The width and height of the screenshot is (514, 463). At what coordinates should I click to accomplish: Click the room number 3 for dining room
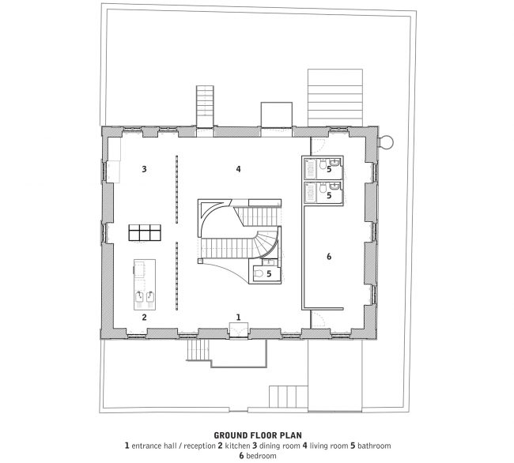coord(144,169)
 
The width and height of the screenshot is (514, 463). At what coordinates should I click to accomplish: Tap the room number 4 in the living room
coord(238,169)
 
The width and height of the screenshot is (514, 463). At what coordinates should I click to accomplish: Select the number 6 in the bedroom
coord(329,257)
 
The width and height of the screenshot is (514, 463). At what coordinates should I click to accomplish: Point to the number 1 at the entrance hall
coord(239,317)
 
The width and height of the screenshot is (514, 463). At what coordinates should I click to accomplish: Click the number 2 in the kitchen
coord(144,317)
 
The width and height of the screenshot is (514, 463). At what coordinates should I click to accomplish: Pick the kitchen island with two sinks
coord(145,284)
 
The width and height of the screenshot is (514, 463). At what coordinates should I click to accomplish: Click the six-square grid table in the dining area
coord(145,233)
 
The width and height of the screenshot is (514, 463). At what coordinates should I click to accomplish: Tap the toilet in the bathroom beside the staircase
coord(259,273)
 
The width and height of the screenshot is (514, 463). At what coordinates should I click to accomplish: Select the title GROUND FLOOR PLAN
coord(258,435)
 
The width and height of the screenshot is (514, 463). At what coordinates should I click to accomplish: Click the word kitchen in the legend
coord(237,446)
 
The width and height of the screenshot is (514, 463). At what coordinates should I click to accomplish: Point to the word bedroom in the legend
coord(261,456)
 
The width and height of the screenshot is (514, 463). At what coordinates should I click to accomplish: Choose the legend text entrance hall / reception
coord(173,446)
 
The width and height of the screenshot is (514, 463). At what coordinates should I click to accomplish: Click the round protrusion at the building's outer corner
coord(387,142)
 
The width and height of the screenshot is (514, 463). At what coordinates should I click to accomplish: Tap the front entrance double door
coord(239,330)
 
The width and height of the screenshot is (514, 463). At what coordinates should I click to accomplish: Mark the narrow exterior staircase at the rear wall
coord(206,106)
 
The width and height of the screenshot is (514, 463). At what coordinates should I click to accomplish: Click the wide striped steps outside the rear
coord(335,97)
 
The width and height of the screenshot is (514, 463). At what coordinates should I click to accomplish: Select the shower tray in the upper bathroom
coord(310,168)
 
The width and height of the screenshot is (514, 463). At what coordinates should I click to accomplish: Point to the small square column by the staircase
coord(200,261)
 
